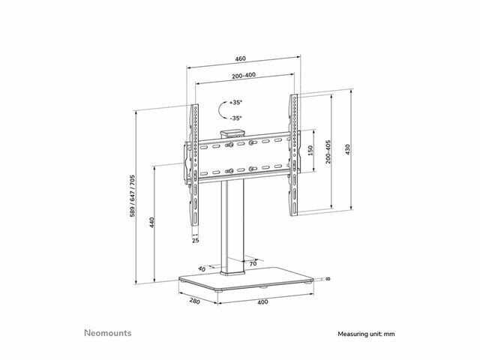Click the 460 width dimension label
point(240,58)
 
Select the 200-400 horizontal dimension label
point(244,75)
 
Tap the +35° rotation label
point(235,102)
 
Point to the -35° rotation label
point(235,118)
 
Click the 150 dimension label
point(310,151)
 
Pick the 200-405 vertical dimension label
point(328,152)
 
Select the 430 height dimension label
point(347,149)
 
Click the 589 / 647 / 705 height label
point(132,196)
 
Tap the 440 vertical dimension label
point(152,223)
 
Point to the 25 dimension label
point(196,240)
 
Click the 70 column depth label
point(253,263)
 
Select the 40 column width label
point(202,269)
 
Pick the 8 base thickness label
point(328,279)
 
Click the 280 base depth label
point(194,301)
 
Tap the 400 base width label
point(262,302)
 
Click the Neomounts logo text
point(108,333)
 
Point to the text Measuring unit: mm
point(366,334)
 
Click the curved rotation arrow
point(222,110)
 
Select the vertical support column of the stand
point(232,227)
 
